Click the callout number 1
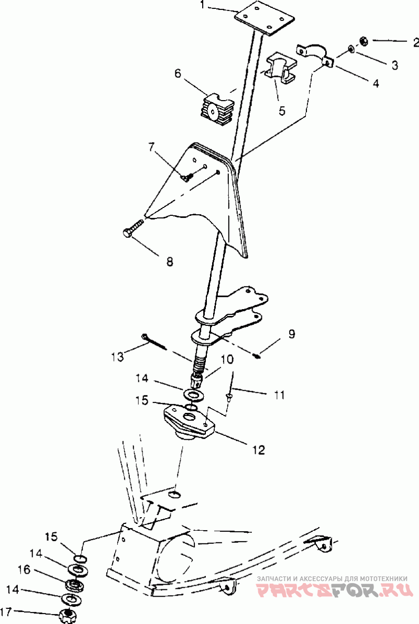point(203,6)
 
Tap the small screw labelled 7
point(188,176)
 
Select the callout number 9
point(292,334)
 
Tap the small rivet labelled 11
point(229,397)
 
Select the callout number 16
point(24,570)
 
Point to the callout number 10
point(227,359)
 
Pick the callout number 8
point(170,261)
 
